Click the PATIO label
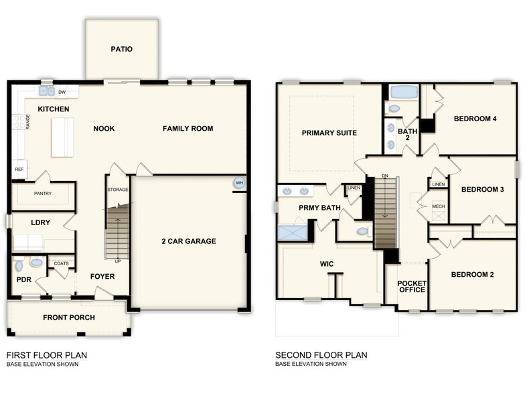click(122, 49)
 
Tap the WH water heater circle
click(239, 184)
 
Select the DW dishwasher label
click(62, 92)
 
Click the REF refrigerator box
click(19, 170)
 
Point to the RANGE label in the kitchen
click(28, 122)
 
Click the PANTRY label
click(44, 194)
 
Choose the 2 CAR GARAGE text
click(189, 241)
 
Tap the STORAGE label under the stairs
click(118, 190)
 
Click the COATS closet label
click(61, 263)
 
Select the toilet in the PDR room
click(36, 263)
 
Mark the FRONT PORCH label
click(69, 318)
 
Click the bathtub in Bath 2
click(402, 92)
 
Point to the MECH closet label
click(439, 206)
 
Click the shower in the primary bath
click(292, 233)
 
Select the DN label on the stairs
click(384, 176)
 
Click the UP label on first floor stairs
click(119, 261)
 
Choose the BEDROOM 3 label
click(482, 190)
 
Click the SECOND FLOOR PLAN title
click(321, 355)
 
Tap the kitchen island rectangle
click(63, 137)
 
